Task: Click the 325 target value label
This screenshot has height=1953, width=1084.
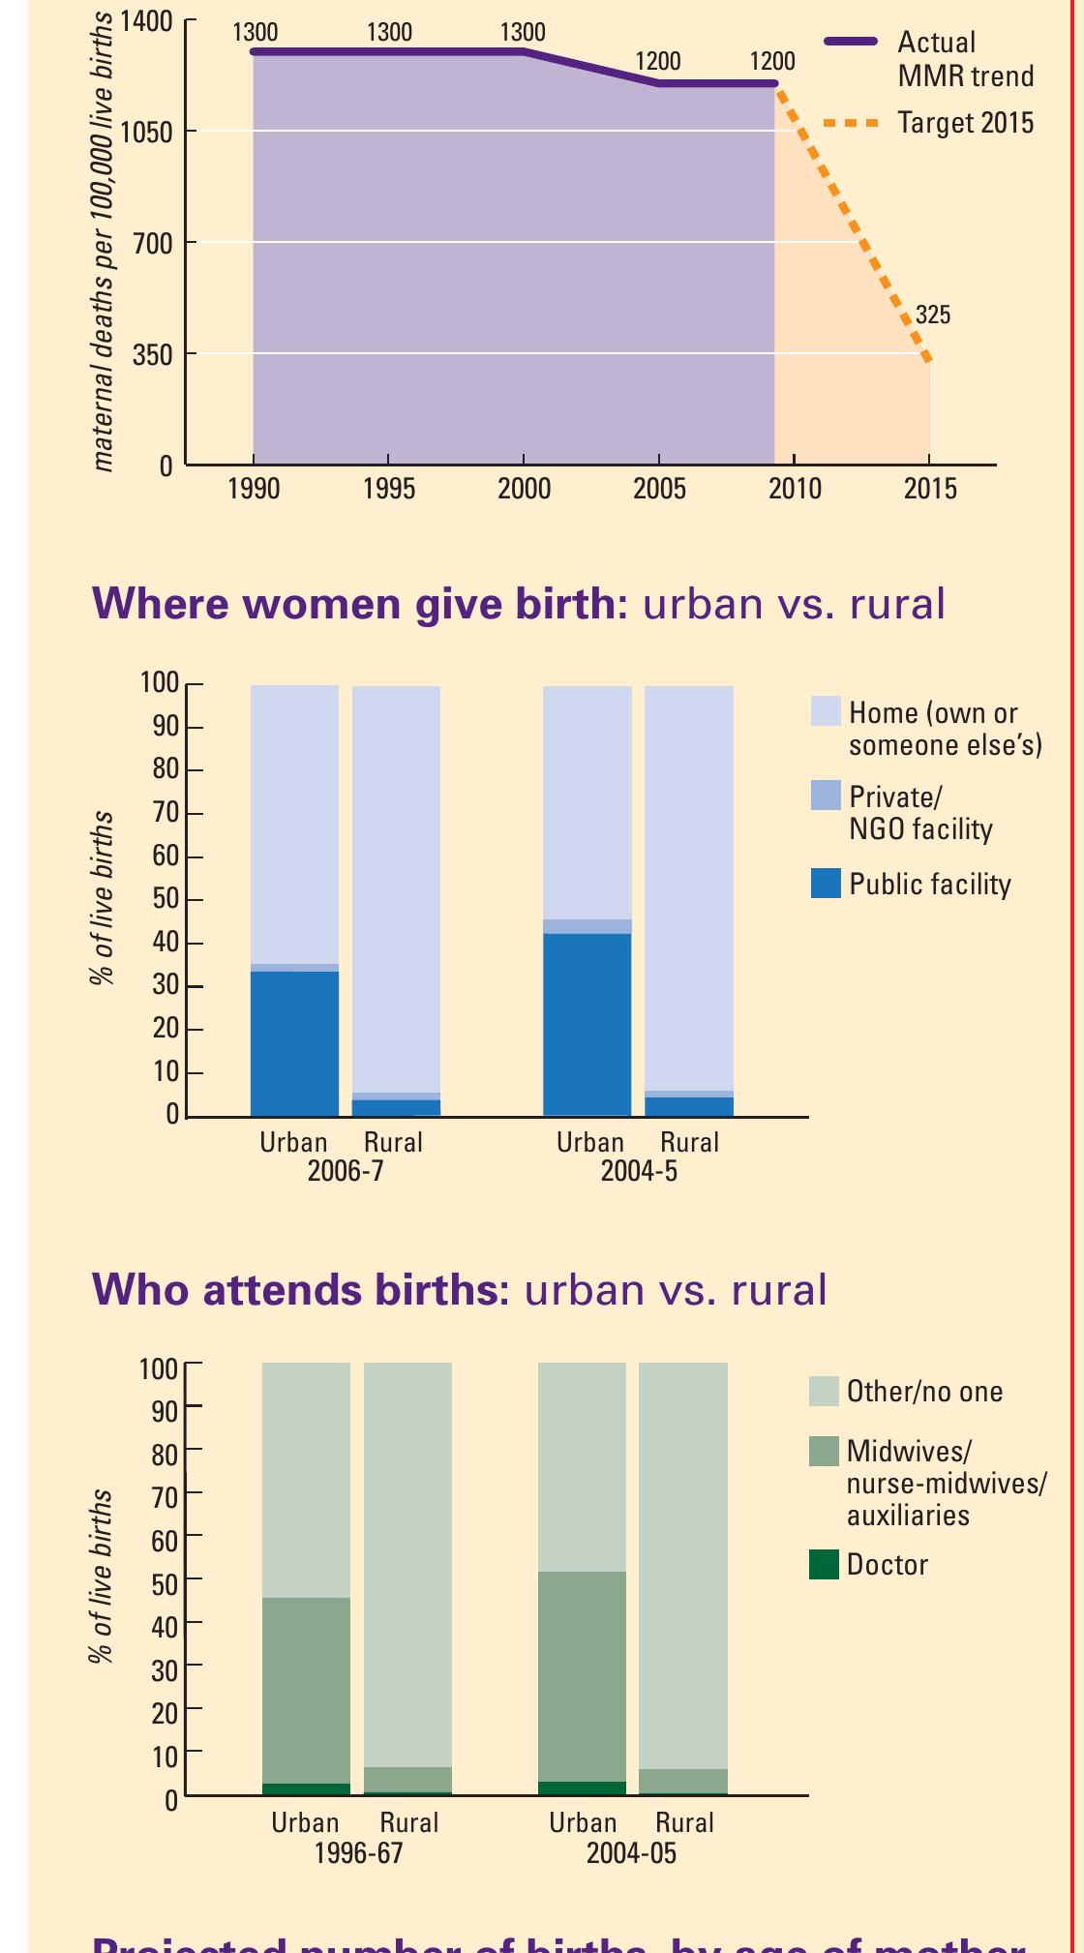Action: click(x=933, y=315)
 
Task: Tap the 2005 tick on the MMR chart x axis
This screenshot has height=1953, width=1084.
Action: click(x=659, y=488)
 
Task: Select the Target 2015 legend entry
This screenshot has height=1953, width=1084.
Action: click(x=965, y=124)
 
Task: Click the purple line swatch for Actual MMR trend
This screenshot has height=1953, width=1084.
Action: click(x=851, y=42)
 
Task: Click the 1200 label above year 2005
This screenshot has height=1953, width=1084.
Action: click(x=657, y=62)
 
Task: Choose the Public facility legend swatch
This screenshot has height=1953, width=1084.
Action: click(x=826, y=884)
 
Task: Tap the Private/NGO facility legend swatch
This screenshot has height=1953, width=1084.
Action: click(x=826, y=796)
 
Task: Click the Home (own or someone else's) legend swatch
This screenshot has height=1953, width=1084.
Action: click(x=826, y=712)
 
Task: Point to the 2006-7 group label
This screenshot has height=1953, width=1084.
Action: click(x=345, y=1171)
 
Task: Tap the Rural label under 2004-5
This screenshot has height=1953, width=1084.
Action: click(x=689, y=1143)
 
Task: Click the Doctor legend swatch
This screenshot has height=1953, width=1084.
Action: click(x=824, y=1565)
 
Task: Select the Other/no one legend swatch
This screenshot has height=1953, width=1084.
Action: click(x=824, y=1392)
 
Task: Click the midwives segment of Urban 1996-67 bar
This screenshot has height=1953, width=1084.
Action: click(x=306, y=1690)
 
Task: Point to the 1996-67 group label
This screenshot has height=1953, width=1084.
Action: click(x=358, y=1852)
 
